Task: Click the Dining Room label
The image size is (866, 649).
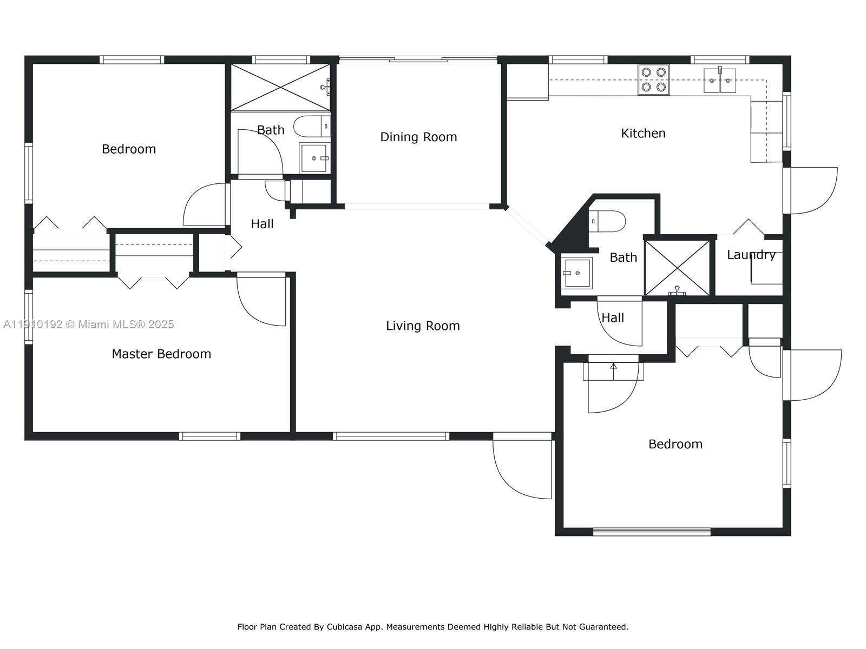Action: (x=418, y=137)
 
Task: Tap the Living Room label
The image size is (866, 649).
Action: (x=423, y=326)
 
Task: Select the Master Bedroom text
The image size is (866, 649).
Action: (x=161, y=354)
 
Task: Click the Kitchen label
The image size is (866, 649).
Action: (x=643, y=133)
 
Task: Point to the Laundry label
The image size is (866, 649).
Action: (x=751, y=255)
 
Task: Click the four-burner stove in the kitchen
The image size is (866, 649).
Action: (x=653, y=80)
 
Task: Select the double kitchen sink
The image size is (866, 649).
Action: (x=720, y=81)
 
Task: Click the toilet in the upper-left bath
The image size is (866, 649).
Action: (x=311, y=127)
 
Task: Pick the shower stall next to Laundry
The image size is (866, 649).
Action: (x=677, y=268)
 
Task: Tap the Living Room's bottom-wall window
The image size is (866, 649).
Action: (x=391, y=436)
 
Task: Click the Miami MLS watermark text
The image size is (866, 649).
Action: (x=88, y=324)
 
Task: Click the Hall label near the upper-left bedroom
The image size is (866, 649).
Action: (x=262, y=223)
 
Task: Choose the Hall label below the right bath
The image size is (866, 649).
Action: (x=613, y=317)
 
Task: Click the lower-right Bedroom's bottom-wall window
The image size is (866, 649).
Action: (x=652, y=532)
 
